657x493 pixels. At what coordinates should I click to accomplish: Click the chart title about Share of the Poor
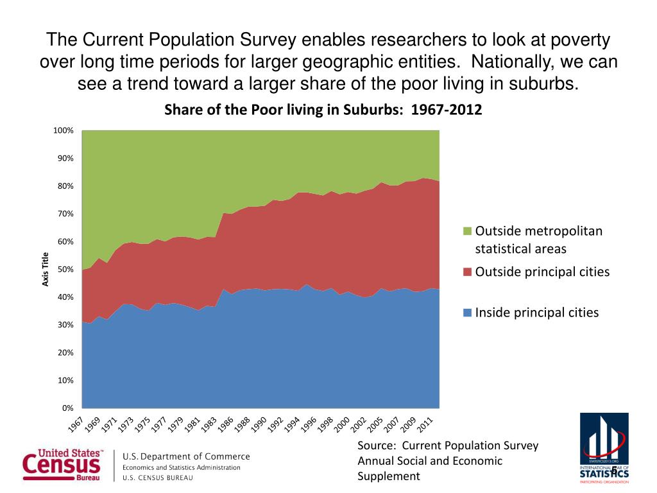pos(323,109)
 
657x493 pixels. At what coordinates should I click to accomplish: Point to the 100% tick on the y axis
pos(64,131)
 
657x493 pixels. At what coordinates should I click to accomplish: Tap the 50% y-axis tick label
pos(66,270)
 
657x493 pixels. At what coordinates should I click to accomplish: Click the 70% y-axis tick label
pos(66,214)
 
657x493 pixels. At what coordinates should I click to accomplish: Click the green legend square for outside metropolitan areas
pos(467,231)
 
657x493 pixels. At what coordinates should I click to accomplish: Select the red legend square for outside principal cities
pos(467,272)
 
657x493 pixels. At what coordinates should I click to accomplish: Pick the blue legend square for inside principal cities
pos(467,313)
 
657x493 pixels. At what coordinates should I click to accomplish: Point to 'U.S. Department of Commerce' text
pos(186,456)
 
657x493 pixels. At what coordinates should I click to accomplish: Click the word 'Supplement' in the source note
pos(388,476)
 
